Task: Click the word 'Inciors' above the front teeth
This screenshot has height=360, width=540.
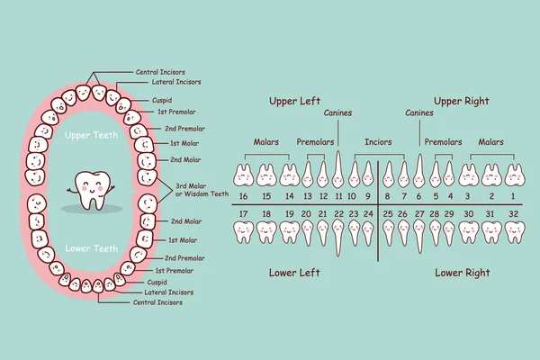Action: (x=378, y=141)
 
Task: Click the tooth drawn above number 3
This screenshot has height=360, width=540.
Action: (x=468, y=174)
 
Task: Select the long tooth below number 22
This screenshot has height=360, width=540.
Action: (x=338, y=238)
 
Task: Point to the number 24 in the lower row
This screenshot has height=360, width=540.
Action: (x=367, y=214)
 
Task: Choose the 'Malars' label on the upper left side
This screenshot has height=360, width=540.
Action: (x=265, y=141)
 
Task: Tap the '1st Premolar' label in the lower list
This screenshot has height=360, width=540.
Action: (x=172, y=270)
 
